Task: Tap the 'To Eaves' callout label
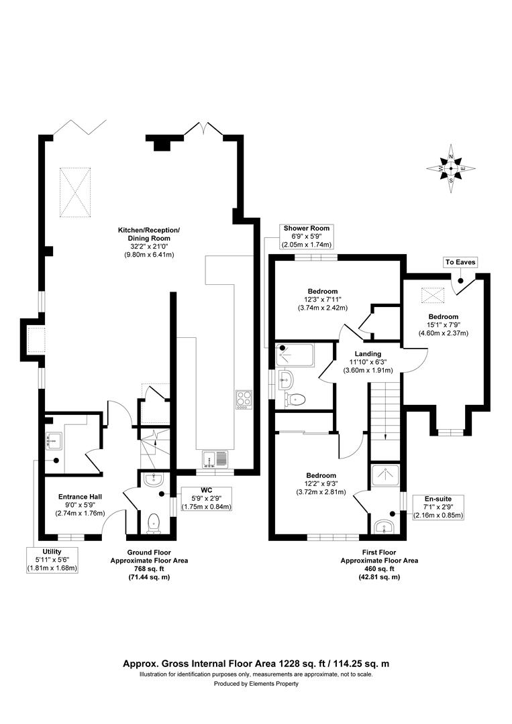pyautogui.click(x=460, y=262)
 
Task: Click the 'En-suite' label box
pyautogui.click(x=438, y=499)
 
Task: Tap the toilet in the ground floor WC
pyautogui.click(x=154, y=522)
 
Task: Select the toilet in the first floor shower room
pyautogui.click(x=295, y=400)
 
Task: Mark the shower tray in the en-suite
pyautogui.click(x=385, y=475)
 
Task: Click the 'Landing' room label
pyautogui.click(x=368, y=353)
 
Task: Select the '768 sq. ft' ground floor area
pyautogui.click(x=150, y=568)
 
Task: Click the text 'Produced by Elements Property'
pyautogui.click(x=256, y=684)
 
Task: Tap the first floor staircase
pyautogui.click(x=384, y=412)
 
